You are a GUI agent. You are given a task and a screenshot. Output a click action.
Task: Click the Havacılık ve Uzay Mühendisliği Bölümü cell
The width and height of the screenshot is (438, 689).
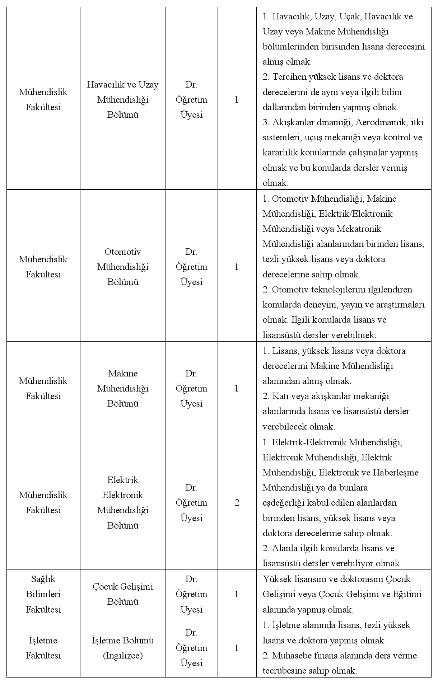(x=123, y=99)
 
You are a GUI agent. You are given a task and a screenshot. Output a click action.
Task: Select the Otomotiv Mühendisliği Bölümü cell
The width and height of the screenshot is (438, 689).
(x=123, y=267)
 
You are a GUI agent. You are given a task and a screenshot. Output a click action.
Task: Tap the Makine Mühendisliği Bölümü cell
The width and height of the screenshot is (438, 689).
(x=123, y=388)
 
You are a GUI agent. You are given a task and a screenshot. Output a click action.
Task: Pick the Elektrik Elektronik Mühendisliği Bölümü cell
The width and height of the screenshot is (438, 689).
(x=123, y=502)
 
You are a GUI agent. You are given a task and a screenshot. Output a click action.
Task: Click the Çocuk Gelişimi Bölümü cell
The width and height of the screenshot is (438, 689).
(x=123, y=594)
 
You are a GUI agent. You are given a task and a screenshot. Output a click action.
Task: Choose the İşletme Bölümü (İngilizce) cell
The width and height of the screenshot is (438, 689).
(x=123, y=648)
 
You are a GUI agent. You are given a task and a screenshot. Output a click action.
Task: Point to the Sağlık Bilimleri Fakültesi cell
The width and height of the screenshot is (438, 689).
(x=43, y=594)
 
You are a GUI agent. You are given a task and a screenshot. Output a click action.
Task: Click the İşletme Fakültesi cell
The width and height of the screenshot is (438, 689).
(x=43, y=648)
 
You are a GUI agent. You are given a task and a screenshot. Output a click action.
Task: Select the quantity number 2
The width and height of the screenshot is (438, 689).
(x=237, y=502)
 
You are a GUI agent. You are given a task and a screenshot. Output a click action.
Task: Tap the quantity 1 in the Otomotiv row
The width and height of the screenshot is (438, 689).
(x=237, y=267)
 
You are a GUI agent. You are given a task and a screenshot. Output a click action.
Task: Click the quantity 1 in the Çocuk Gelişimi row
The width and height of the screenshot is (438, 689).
(x=237, y=594)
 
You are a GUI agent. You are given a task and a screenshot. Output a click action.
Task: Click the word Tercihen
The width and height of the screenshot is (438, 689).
(x=289, y=77)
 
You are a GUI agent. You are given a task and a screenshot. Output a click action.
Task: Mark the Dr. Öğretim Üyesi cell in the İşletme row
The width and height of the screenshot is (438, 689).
(x=191, y=648)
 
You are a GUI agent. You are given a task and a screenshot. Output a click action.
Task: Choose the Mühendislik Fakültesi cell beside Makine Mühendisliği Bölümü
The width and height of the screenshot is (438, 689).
(x=43, y=388)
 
